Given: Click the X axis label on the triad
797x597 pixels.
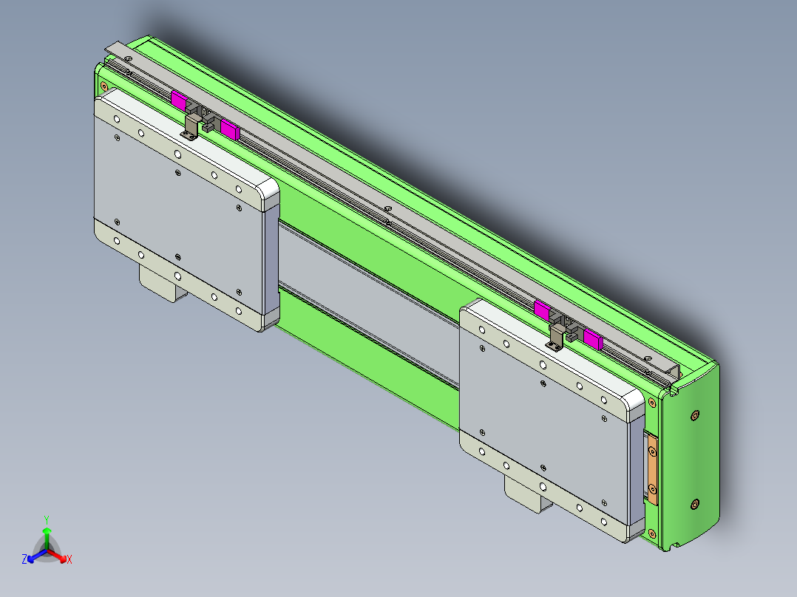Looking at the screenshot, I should [x=69, y=560].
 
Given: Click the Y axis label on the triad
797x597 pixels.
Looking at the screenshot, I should [x=47, y=519].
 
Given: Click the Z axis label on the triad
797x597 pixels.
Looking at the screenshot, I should [x=24, y=559].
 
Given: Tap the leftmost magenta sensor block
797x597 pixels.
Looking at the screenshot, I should [x=178, y=100].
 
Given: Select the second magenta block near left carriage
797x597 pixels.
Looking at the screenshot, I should [x=230, y=130].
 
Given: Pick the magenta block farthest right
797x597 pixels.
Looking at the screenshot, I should [x=593, y=339].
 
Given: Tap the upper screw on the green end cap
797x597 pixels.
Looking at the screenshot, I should [x=694, y=416].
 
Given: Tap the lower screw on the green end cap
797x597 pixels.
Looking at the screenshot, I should [x=693, y=504].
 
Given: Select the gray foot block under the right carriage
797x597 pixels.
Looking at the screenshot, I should [x=526, y=496].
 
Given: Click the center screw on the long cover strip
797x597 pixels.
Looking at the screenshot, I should [x=388, y=210].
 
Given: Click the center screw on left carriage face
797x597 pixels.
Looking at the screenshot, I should [x=177, y=173].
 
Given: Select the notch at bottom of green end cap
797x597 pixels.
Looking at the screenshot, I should [x=675, y=546].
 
